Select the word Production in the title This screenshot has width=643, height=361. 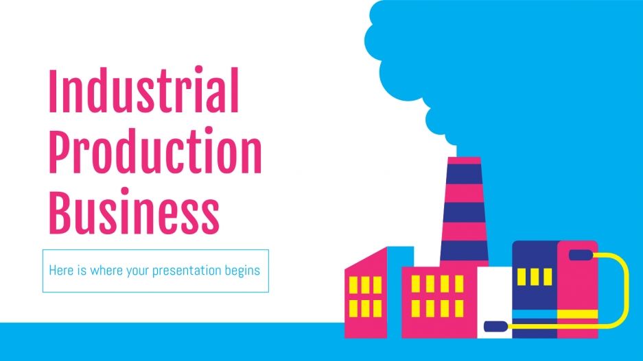click(x=154, y=151)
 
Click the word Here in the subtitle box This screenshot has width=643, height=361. click(x=60, y=270)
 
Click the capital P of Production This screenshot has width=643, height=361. click(x=58, y=151)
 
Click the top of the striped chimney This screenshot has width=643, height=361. click(x=464, y=161)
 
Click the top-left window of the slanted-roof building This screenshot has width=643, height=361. click(x=355, y=284)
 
